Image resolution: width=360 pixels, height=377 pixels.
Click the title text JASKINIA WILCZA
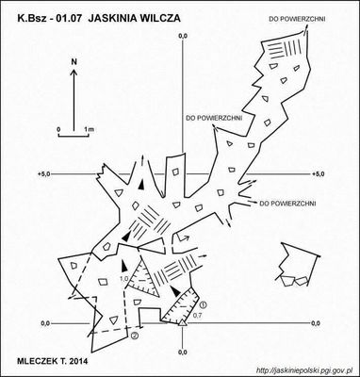(x=135, y=18)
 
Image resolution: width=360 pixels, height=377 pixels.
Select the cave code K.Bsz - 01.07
(x=51, y=18)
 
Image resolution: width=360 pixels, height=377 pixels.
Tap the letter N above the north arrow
(x=74, y=62)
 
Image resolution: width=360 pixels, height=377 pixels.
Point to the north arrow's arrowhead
(x=74, y=73)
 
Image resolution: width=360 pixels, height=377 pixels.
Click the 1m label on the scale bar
(x=90, y=129)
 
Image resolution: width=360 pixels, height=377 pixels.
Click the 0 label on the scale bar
(x=58, y=129)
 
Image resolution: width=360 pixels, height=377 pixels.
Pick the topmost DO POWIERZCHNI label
(x=297, y=19)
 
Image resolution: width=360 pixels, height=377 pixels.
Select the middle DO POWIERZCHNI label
(x=214, y=118)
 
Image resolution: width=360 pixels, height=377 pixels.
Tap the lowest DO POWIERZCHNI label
(x=287, y=204)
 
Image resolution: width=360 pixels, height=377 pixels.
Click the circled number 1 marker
(x=204, y=303)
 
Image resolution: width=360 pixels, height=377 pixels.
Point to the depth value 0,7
(x=197, y=315)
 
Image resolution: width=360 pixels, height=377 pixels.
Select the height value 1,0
(x=124, y=278)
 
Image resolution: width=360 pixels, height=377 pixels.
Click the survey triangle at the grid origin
(x=183, y=322)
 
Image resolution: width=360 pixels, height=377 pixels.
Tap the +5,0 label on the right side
(x=318, y=174)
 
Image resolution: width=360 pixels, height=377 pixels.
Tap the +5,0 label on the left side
(x=43, y=174)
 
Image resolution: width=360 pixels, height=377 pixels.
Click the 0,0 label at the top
(x=183, y=37)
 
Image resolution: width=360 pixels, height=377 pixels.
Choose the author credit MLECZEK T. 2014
(x=53, y=361)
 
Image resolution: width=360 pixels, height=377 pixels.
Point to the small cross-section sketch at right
(x=298, y=264)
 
